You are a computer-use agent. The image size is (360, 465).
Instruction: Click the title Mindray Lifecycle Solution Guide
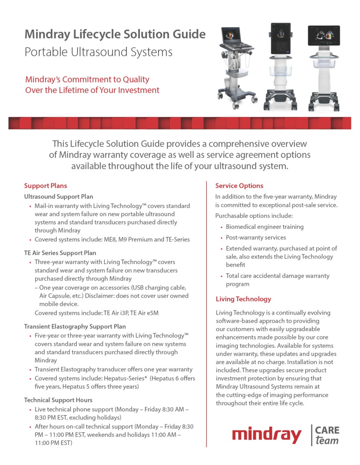coord(115,34)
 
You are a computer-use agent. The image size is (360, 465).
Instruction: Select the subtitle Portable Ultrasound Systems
coord(99,52)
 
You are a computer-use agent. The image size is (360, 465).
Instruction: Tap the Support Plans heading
coord(45,186)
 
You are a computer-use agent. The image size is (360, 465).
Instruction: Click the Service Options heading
coord(239,186)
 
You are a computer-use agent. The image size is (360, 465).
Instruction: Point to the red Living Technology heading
coord(243,299)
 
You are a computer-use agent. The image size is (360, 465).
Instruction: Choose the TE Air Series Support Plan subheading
coord(60,253)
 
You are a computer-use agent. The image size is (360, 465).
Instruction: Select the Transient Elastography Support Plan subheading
coord(75,326)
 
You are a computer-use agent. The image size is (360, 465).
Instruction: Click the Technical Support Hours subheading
coord(58,400)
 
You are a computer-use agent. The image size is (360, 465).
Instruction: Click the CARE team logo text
coord(327,435)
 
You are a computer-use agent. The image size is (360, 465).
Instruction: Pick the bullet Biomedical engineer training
coord(264,227)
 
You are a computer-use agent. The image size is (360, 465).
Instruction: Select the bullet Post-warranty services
coord(256,238)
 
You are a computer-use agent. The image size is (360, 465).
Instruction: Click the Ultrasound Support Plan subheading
coord(59,197)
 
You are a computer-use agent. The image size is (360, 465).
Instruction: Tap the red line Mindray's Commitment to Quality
coord(87,80)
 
